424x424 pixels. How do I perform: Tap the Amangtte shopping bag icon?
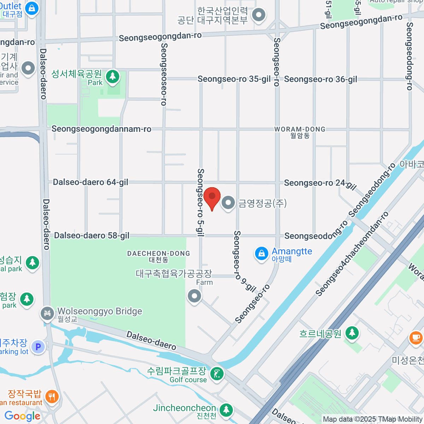(261, 254)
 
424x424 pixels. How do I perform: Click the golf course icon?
(217, 374)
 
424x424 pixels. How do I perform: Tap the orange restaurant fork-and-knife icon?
(52, 396)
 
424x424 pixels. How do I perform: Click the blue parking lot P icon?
(38, 347)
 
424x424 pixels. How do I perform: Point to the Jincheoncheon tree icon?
(226, 410)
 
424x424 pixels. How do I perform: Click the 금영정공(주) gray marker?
(228, 203)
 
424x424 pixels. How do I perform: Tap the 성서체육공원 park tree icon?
(113, 76)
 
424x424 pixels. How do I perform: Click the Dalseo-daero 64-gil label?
(90, 182)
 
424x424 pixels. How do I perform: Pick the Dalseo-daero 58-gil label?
(92, 236)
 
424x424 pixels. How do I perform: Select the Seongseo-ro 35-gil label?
(234, 79)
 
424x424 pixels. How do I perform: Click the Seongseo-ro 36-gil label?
(320, 79)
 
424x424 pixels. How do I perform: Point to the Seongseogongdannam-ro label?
(101, 129)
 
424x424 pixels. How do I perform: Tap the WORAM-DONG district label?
(300, 129)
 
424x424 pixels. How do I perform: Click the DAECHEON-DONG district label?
(158, 253)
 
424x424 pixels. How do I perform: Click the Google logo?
(22, 416)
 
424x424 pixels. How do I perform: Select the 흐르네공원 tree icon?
(352, 332)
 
